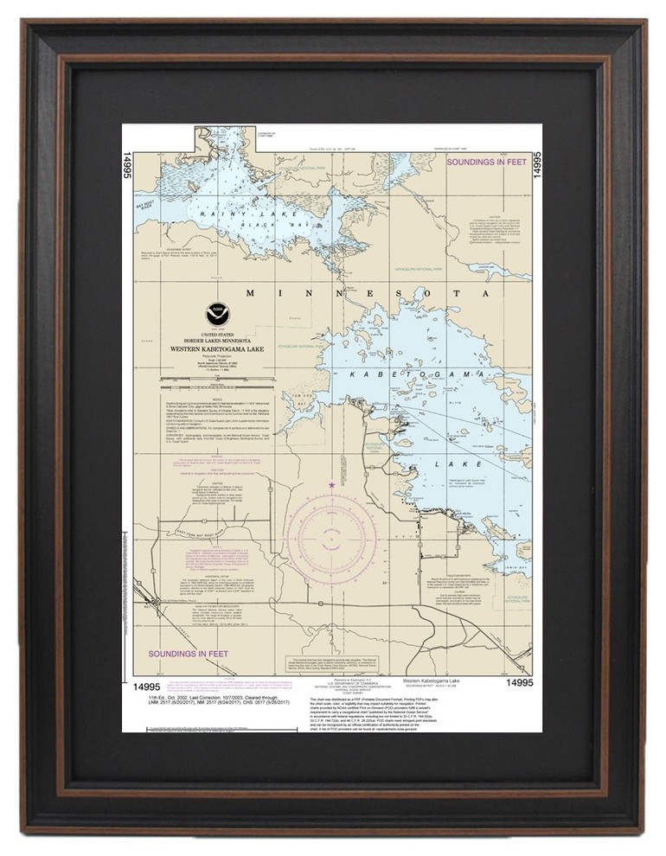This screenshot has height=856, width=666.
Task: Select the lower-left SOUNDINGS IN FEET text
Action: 187,654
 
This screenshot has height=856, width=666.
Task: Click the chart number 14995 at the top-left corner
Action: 128,163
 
